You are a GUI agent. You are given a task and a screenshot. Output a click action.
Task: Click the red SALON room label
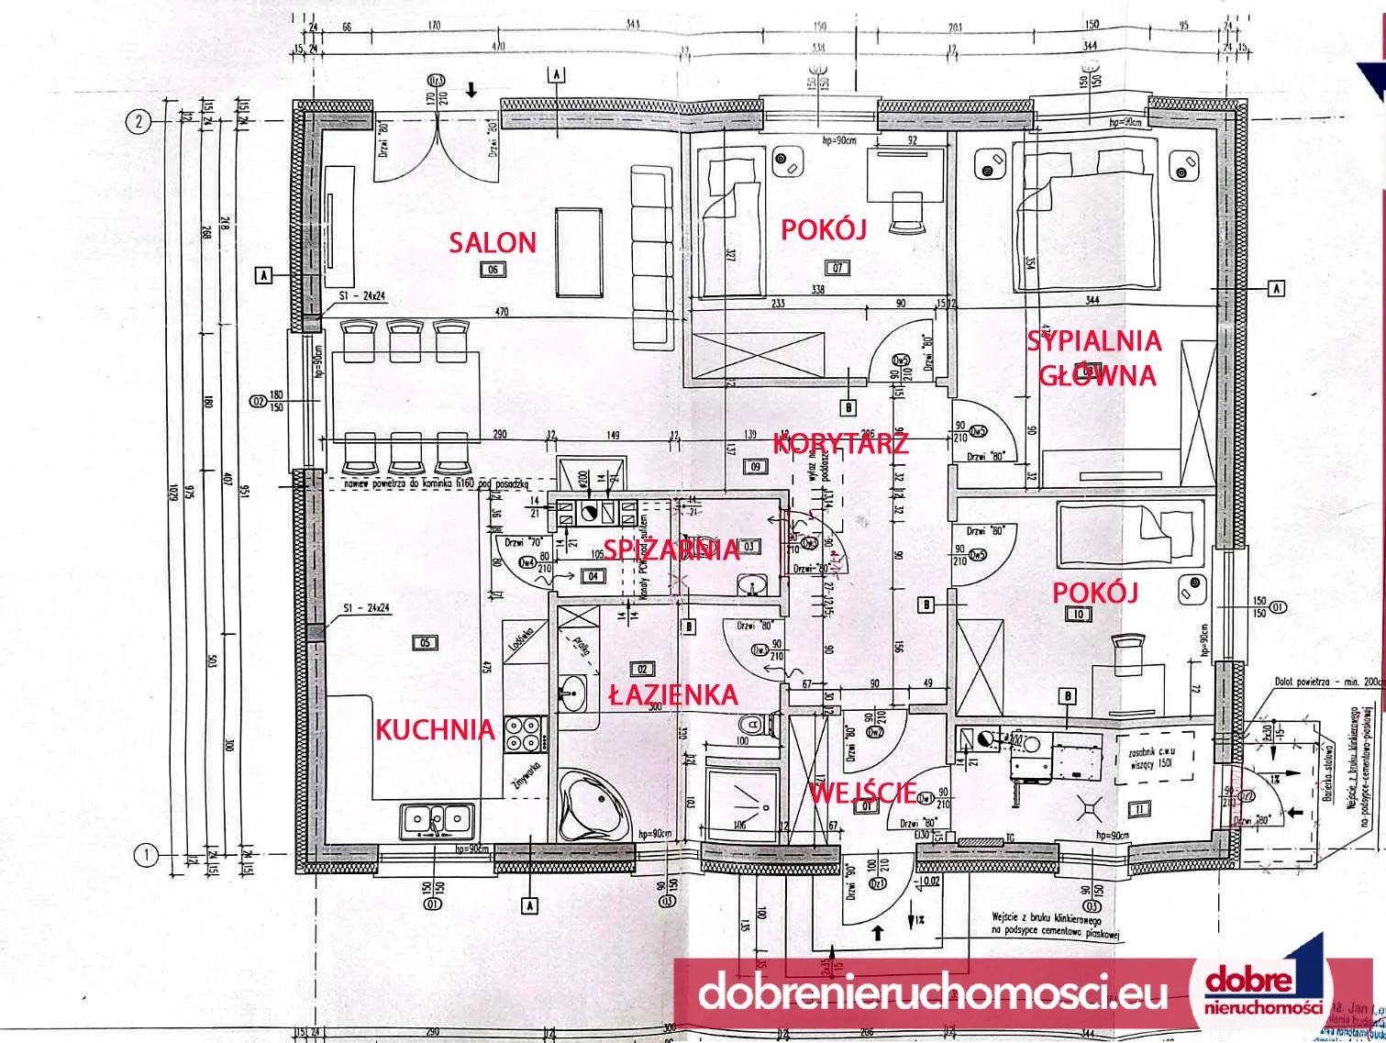click(492, 242)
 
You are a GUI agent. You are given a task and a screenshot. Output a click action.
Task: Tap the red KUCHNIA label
click(435, 730)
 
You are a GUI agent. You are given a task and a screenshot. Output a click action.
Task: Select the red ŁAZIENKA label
click(673, 694)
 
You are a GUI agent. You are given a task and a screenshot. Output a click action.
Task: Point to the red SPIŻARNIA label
click(671, 549)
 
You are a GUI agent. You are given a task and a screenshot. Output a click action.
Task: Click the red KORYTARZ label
click(840, 444)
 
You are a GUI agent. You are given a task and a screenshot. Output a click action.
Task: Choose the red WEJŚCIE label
click(862, 791)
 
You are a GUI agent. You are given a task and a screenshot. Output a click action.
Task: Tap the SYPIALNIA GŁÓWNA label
click(1094, 358)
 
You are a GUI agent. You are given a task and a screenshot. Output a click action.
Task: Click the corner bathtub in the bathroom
click(592, 805)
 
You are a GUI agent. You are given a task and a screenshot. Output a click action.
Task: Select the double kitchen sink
click(438, 819)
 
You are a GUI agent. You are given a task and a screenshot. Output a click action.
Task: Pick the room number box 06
click(493, 270)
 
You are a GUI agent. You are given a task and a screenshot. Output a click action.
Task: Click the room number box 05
click(426, 643)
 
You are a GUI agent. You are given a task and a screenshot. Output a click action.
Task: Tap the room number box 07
click(837, 268)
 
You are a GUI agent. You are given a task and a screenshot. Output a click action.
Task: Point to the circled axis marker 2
click(138, 122)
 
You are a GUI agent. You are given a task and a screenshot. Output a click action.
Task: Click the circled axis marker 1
click(145, 855)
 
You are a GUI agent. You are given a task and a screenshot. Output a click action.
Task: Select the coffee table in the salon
click(579, 251)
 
